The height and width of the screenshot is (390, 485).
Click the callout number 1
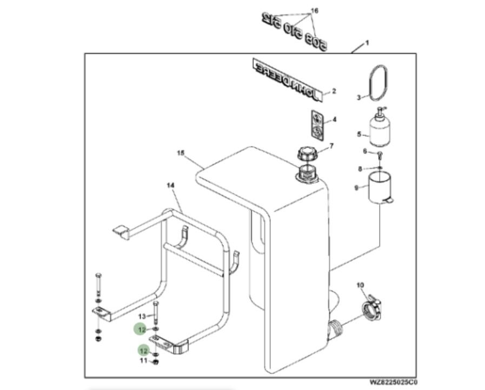(x=367, y=43)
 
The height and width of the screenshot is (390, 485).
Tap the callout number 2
(x=334, y=91)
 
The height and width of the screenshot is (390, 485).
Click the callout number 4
(x=334, y=119)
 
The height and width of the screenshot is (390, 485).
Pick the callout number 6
(x=365, y=151)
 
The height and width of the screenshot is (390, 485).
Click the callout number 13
(x=142, y=316)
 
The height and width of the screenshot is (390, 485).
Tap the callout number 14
(x=170, y=185)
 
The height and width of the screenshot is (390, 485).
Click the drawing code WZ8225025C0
(x=394, y=382)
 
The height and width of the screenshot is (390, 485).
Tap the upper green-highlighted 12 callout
(x=142, y=328)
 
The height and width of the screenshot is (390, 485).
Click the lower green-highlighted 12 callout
(x=143, y=351)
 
